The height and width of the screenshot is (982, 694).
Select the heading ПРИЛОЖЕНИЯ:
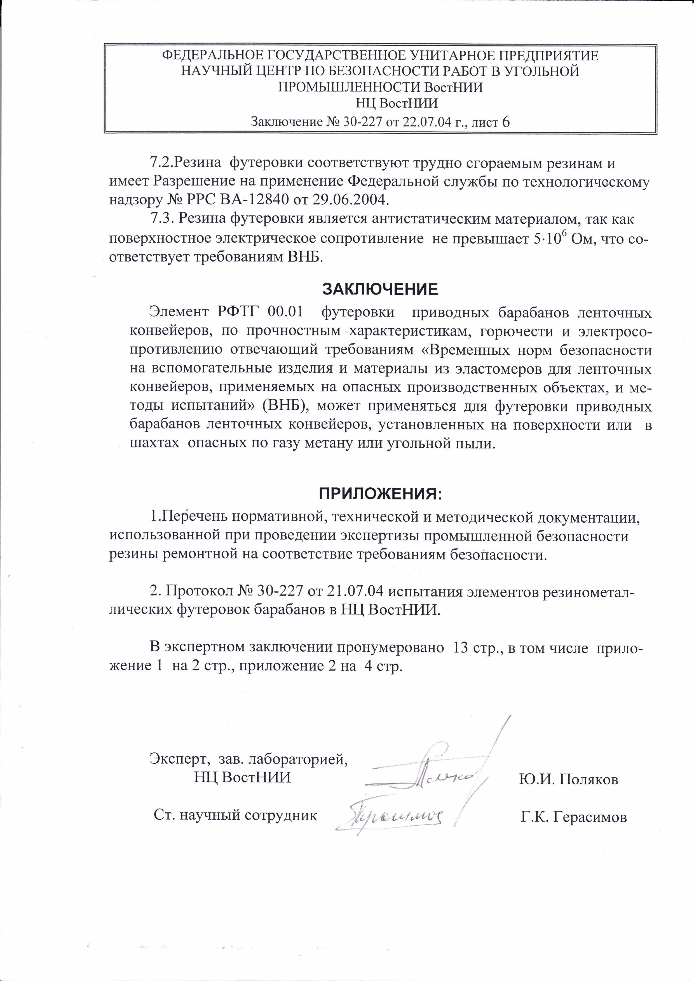(x=380, y=494)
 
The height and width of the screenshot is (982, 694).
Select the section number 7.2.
(x=161, y=163)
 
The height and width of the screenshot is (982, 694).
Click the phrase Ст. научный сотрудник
(x=235, y=815)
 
